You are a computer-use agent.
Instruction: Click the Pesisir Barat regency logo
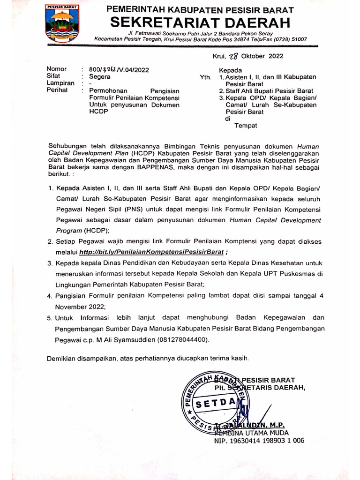(62, 22)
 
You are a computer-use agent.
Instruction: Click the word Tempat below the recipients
(246, 126)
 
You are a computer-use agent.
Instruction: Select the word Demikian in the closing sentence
(63, 359)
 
